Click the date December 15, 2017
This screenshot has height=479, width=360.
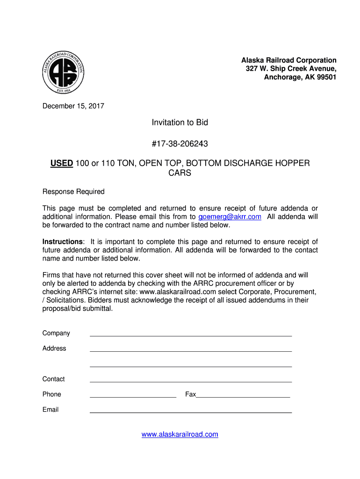pyautogui.click(x=73, y=106)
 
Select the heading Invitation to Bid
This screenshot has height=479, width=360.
pyautogui.click(x=180, y=123)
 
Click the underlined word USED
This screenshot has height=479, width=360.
pyautogui.click(x=62, y=163)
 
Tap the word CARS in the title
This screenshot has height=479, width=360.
pyautogui.click(x=180, y=173)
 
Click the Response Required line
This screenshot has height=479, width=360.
pyautogui.click(x=73, y=192)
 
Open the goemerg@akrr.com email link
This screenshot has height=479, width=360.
pyautogui.click(x=230, y=217)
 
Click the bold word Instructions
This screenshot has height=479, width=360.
pyautogui.click(x=63, y=242)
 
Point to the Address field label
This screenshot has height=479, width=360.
pyautogui.click(x=54, y=348)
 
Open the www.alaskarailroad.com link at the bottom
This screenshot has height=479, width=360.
pyautogui.click(x=180, y=435)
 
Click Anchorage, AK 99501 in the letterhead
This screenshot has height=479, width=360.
pyautogui.click(x=300, y=77)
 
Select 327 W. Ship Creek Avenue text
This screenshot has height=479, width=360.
pyautogui.click(x=291, y=69)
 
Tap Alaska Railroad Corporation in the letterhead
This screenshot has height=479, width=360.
pyautogui.click(x=288, y=60)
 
